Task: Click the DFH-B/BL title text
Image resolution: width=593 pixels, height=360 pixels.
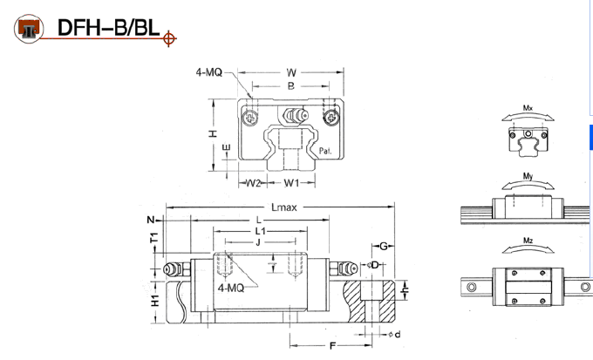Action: click(x=108, y=28)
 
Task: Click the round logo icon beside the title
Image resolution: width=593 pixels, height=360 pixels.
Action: click(x=29, y=29)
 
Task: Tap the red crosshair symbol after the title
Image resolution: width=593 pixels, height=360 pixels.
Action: click(x=169, y=38)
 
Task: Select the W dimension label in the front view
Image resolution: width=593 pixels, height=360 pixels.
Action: click(x=291, y=72)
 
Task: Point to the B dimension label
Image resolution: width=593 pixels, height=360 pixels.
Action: click(x=290, y=86)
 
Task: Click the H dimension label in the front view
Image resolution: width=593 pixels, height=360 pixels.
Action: click(x=214, y=133)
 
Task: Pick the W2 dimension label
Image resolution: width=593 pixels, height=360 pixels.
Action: click(x=253, y=183)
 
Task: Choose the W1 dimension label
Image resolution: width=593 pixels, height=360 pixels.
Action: click(x=291, y=183)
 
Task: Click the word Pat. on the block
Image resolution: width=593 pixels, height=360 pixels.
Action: click(x=325, y=151)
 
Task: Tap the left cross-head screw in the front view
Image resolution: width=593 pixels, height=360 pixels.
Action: click(x=250, y=117)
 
